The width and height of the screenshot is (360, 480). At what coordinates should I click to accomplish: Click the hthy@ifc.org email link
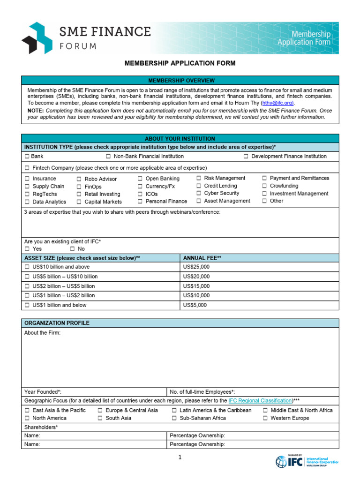(x=277, y=103)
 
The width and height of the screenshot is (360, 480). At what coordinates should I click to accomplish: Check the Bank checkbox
(x=27, y=156)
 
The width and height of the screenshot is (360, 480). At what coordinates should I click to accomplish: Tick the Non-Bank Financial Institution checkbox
(x=108, y=156)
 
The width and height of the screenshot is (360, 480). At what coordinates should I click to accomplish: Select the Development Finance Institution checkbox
(x=246, y=156)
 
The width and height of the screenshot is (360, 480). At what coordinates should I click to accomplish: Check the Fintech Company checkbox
(x=27, y=168)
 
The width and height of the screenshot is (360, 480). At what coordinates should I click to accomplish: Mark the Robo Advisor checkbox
(x=79, y=179)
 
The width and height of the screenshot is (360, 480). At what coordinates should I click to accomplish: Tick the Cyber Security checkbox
(x=199, y=193)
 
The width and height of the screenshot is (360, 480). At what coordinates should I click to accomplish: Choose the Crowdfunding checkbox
(x=265, y=186)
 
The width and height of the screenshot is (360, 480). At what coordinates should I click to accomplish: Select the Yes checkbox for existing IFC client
(x=27, y=249)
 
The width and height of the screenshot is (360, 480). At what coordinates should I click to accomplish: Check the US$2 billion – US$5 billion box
(x=27, y=286)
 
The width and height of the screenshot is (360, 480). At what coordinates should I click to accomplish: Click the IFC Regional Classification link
(x=260, y=401)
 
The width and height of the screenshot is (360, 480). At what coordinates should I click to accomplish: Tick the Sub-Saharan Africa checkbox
(x=174, y=418)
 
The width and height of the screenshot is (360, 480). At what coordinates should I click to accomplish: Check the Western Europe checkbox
(x=265, y=418)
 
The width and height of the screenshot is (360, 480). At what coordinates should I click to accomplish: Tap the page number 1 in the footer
(x=180, y=458)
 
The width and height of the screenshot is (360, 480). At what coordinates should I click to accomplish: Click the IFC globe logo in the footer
(x=281, y=462)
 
